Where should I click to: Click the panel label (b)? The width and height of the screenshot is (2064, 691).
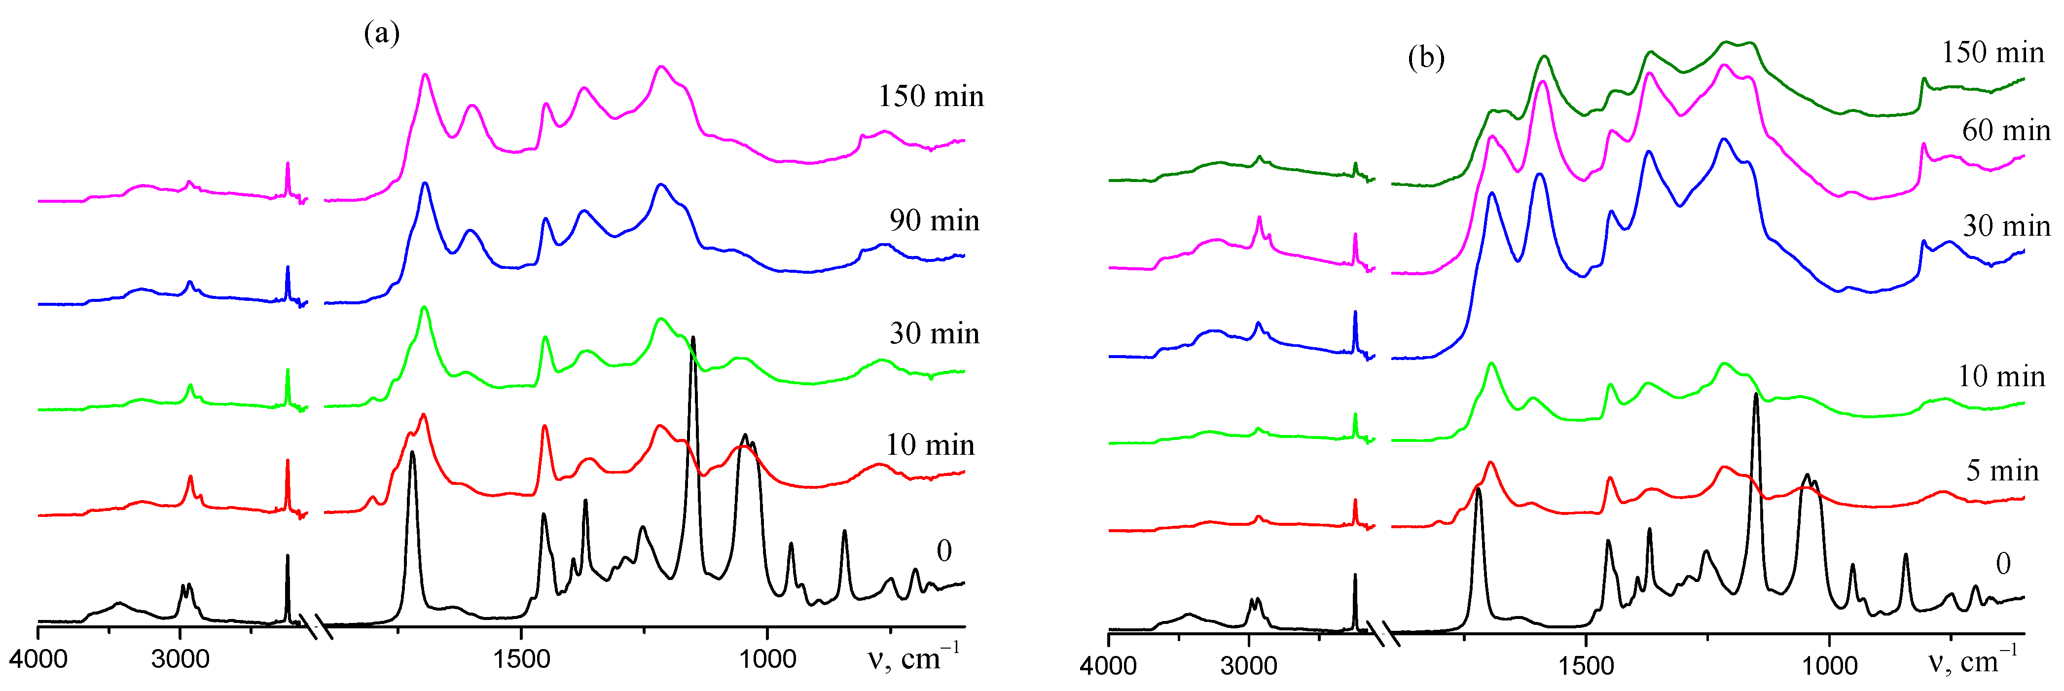[x=1426, y=58]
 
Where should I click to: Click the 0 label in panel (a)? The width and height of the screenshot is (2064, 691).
[x=944, y=551]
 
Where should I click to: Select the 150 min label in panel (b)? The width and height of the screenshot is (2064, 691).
[x=1992, y=53]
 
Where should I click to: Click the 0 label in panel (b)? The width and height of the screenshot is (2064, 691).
[x=2002, y=564]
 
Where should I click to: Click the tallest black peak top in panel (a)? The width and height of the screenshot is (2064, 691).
[x=692, y=338]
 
